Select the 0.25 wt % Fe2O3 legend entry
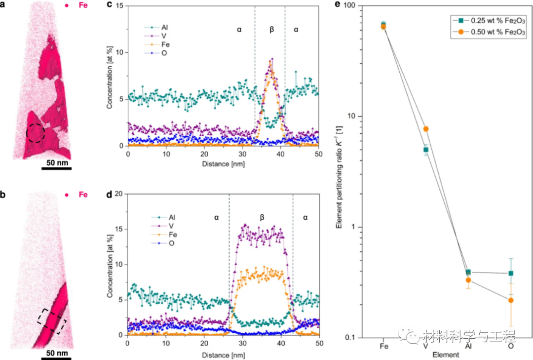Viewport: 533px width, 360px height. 487,20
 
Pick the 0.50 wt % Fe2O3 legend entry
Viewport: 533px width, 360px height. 487,32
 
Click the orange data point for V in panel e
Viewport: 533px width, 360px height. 426,129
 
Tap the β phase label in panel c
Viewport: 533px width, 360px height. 271,30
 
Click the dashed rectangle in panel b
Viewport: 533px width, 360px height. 51,321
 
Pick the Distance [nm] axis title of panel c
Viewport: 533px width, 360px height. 223,163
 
